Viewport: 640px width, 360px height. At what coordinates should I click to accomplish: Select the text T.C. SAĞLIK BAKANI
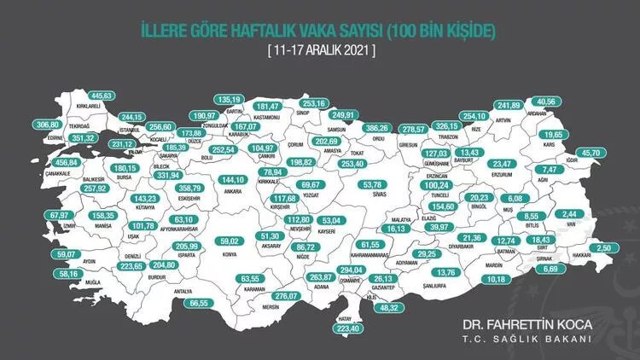526,340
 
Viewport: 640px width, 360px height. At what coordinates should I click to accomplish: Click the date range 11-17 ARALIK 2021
320,49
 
